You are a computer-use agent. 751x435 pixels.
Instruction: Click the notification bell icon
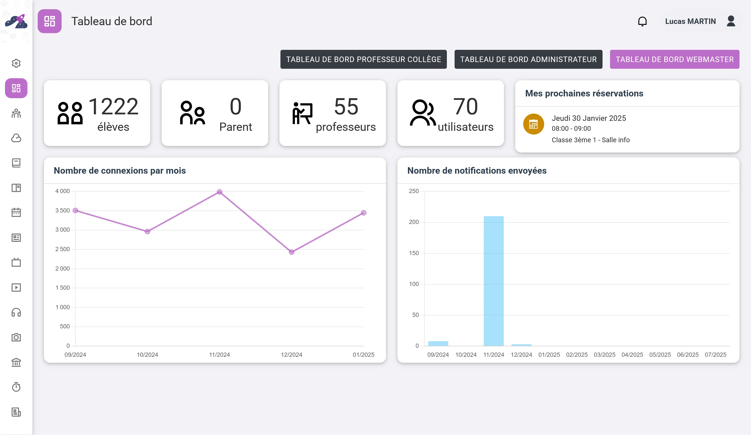642,21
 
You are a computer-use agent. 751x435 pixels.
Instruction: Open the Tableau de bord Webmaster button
674,59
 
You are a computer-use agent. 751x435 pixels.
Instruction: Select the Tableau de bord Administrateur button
528,59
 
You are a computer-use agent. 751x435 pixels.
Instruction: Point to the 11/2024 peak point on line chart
219,192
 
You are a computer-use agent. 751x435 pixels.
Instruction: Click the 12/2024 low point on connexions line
291,252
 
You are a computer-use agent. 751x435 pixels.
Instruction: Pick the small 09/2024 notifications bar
438,343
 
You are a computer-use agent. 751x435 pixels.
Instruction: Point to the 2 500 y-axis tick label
63,249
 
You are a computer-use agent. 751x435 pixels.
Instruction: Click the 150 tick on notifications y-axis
414,253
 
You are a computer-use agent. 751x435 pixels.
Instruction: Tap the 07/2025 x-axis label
715,355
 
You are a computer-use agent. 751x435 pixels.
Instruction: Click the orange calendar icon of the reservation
533,124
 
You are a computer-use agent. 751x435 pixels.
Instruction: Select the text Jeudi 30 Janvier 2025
589,118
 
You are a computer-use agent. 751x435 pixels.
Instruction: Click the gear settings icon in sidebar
16,63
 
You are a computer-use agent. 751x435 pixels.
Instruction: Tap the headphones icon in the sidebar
16,312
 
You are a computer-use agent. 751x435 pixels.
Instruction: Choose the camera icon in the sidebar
16,337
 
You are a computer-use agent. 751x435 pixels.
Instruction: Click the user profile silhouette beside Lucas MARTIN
731,21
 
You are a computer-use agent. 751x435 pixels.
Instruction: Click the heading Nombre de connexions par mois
120,170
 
